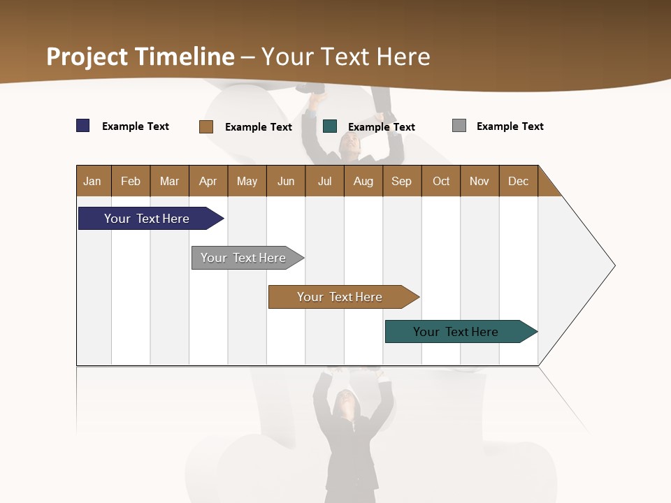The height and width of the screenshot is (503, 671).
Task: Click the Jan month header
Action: point(93,181)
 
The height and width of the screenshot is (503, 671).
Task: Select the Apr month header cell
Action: point(208,181)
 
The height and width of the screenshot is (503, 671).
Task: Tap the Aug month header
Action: point(363,181)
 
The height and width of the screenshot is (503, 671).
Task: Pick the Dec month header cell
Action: point(519,181)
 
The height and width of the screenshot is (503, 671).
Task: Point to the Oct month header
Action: point(441,181)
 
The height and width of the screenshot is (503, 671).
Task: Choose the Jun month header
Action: point(286,181)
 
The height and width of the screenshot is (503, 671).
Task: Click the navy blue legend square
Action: point(83,126)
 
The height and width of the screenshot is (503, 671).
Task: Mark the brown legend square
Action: point(206,126)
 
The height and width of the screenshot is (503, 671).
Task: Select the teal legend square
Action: point(330,126)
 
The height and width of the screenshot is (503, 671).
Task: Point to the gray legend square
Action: point(459,126)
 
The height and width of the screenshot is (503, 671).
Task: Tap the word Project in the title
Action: point(87,57)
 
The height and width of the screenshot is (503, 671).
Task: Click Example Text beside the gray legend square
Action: point(510,126)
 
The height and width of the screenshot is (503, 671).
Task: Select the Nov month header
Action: point(479,181)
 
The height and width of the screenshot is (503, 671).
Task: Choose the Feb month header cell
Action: point(131,181)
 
